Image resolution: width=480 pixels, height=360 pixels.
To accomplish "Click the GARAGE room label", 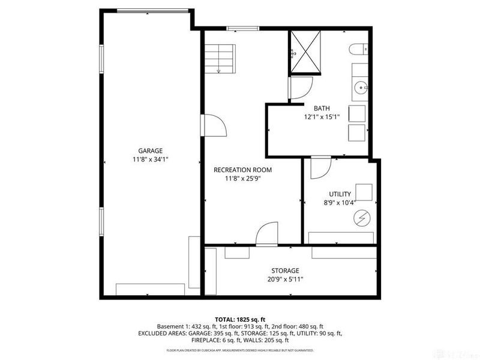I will tap(151, 151).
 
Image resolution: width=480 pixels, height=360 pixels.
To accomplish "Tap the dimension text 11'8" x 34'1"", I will tap(151, 160).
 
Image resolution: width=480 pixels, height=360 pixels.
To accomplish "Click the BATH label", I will tap(322, 109).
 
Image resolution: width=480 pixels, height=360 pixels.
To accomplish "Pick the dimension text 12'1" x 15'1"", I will tap(322, 118).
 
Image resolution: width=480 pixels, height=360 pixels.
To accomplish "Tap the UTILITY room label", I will tap(340, 194).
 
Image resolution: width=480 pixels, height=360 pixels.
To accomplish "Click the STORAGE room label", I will tap(284, 271).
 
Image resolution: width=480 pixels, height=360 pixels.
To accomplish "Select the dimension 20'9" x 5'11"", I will tap(284, 280).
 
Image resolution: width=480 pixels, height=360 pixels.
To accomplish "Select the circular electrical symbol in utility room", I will tap(361, 220).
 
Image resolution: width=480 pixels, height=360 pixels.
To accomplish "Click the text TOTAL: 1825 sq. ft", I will tap(239, 319).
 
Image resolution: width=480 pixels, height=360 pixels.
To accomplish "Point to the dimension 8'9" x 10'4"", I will tap(340, 203).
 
